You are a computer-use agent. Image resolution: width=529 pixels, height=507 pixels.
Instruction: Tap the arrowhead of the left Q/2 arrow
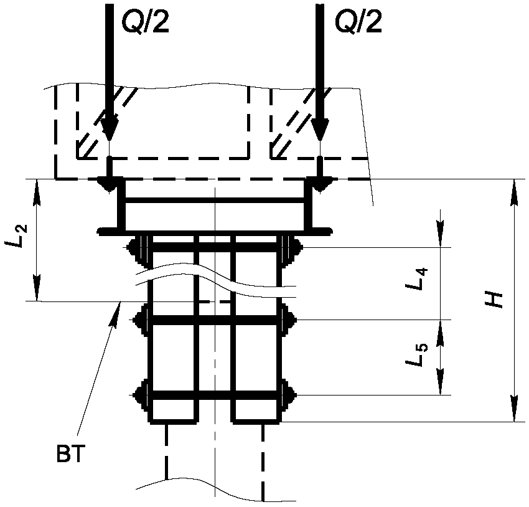click(109, 128)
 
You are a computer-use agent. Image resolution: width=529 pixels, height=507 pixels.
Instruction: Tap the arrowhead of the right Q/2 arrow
click(320, 128)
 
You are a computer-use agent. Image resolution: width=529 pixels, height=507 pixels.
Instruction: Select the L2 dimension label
click(16, 236)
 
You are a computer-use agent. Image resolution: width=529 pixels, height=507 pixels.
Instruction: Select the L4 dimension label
click(417, 279)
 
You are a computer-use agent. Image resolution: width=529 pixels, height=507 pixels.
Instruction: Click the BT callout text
click(70, 454)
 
